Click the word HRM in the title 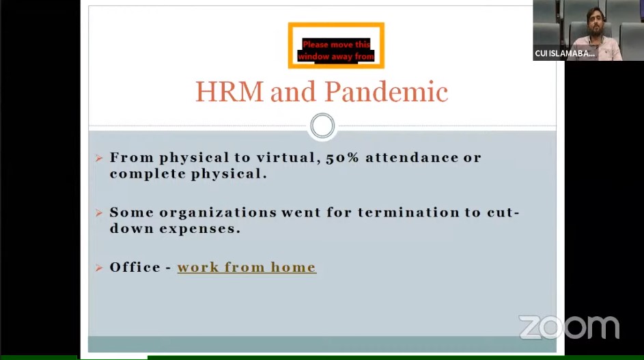[x=229, y=92]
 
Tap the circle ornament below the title [x=322, y=126]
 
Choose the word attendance [x=412, y=158]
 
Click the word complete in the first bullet [x=147, y=174]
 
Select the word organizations [x=218, y=213]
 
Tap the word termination [x=408, y=212]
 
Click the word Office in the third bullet [x=135, y=268]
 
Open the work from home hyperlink [x=247, y=268]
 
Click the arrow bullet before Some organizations [x=99, y=213]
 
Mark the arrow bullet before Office [x=99, y=268]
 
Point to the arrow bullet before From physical [x=99, y=158]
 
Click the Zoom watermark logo [x=569, y=327]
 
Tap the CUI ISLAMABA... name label [x=565, y=53]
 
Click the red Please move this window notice [x=336, y=51]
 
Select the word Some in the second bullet [x=131, y=213]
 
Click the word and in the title [x=293, y=92]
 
